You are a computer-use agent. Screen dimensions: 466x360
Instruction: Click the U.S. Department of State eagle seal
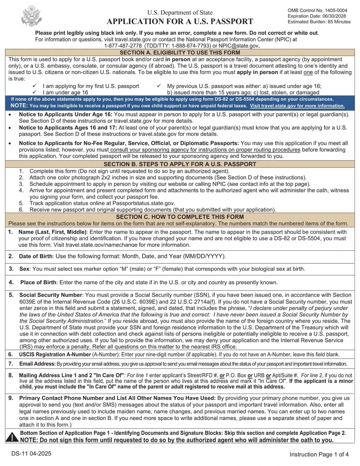(31, 16)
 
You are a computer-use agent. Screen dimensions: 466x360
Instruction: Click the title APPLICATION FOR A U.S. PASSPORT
(180, 22)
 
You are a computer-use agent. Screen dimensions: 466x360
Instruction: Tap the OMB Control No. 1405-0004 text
(317, 10)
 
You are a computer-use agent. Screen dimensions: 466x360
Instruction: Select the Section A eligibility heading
(180, 53)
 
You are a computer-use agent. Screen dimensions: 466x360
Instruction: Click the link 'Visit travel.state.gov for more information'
(297, 105)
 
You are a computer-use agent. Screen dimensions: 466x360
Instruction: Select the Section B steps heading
(180, 164)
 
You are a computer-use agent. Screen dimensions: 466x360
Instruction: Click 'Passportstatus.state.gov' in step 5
(140, 203)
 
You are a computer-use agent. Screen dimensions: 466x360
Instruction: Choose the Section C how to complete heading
(180, 216)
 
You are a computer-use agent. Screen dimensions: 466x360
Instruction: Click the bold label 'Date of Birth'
(36, 256)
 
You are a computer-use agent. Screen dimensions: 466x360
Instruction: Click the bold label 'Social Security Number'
(50, 295)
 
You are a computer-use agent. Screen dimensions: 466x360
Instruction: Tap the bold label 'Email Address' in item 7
(37, 364)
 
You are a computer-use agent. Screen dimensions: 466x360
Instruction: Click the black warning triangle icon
(13, 437)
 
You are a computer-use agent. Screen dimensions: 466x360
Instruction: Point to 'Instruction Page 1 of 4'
(319, 455)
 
